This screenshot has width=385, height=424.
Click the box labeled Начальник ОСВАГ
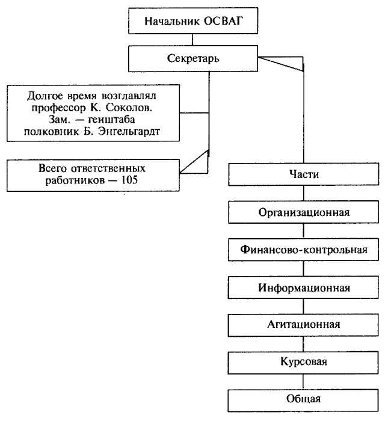click(192, 23)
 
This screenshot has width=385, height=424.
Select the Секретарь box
click(192, 59)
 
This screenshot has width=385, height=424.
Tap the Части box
click(304, 174)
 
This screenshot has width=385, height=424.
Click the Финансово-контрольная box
click(304, 249)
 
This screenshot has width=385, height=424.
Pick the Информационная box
click(304, 286)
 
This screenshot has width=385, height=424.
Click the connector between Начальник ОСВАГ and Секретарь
click(192, 41)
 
